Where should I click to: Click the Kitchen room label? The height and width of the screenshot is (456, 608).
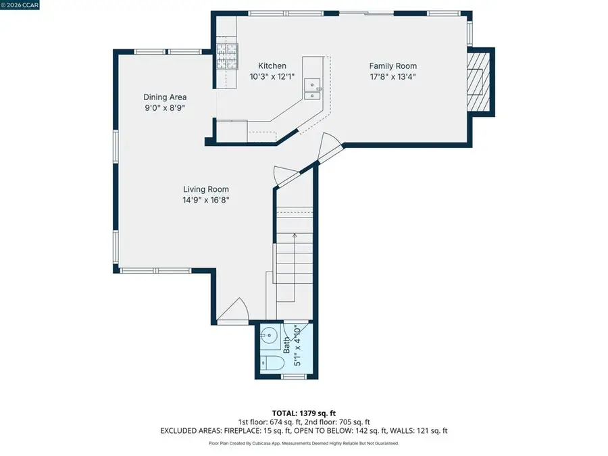[263, 66]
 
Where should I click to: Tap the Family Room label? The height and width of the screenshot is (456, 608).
[392, 66]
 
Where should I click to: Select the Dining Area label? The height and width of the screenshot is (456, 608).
[165, 97]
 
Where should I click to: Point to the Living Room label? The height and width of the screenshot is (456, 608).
[206, 190]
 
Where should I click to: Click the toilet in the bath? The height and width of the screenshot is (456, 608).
[272, 363]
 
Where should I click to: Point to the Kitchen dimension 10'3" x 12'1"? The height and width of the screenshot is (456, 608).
[263, 76]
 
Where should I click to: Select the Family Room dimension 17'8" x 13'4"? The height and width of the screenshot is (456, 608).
[392, 76]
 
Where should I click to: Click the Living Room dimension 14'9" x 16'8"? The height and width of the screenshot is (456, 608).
[206, 200]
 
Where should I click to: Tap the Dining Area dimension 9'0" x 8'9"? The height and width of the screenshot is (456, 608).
[165, 107]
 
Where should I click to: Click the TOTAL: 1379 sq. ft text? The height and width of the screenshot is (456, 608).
[303, 412]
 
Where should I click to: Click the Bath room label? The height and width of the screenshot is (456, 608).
[286, 345]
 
